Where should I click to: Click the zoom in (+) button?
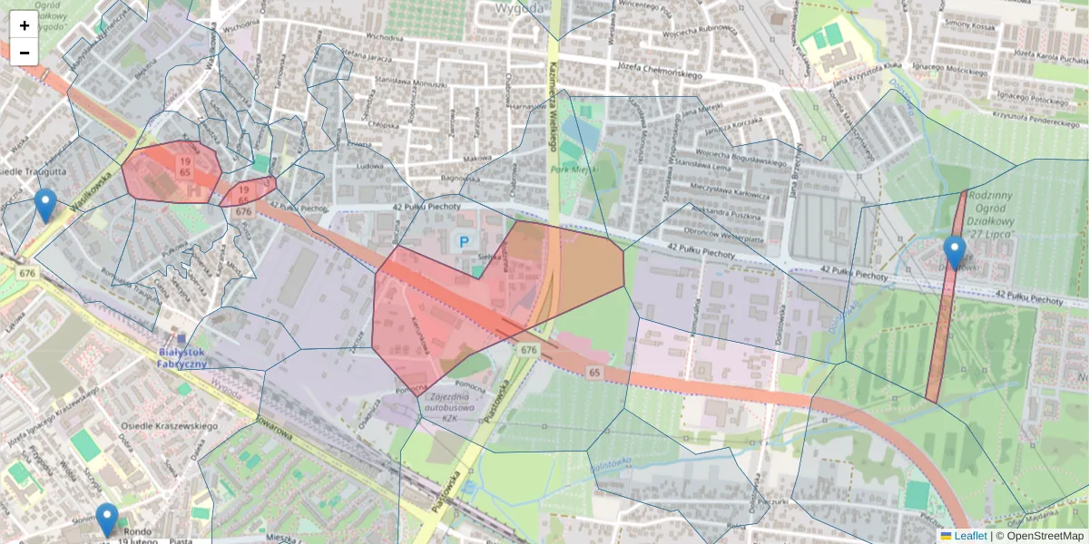click(24, 25)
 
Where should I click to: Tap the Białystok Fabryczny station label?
click(182, 357)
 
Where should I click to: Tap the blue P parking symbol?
click(465, 242)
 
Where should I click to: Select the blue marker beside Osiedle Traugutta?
click(45, 205)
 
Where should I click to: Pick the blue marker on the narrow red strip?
click(954, 252)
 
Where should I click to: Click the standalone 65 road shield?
click(594, 372)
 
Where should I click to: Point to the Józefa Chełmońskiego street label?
click(660, 66)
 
